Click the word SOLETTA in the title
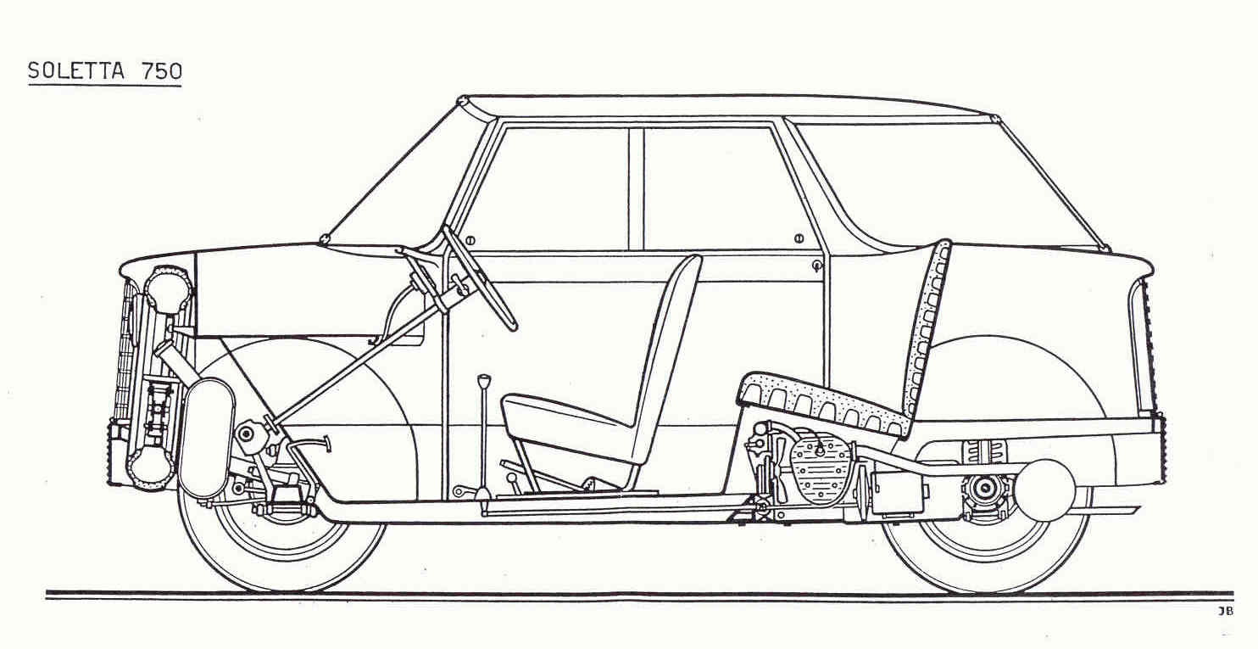[x=75, y=70]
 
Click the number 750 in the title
[x=162, y=70]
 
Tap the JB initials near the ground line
[x=1226, y=612]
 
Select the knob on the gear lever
[x=484, y=382]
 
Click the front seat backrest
[x=668, y=360]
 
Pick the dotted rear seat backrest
[x=927, y=326]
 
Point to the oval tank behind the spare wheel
[x=205, y=439]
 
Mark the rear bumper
[x=1161, y=450]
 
